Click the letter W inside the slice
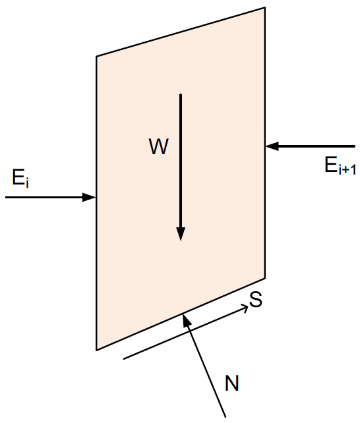159,146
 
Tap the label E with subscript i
20,178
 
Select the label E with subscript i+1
340,165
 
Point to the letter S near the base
256,299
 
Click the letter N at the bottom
232,383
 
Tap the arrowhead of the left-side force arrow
89,197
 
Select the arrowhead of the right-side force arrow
272,146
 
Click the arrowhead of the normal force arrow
186,320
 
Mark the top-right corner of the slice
265,7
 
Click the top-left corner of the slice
96,56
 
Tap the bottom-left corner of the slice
96,350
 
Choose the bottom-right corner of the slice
265,278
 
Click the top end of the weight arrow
181,94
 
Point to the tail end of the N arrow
225,417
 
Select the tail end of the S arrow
123,359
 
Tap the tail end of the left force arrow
6,197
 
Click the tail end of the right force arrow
354,146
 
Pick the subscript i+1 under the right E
347,170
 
